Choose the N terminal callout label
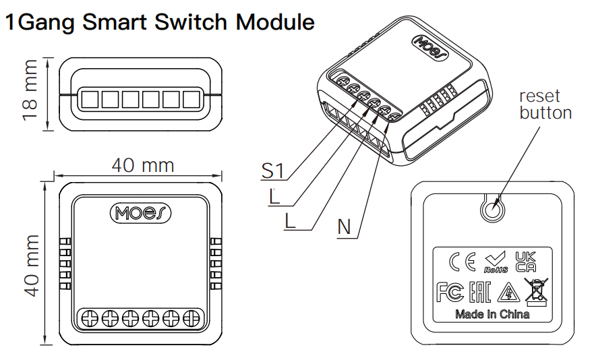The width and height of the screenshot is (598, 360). pyautogui.click(x=345, y=227)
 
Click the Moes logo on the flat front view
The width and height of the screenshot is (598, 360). pyautogui.click(x=140, y=213)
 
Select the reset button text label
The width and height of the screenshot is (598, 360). pyautogui.click(x=545, y=104)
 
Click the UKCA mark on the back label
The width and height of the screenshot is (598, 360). pyautogui.click(x=526, y=261)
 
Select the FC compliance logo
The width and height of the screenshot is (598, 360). pyautogui.click(x=449, y=293)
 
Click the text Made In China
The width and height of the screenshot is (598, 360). pyautogui.click(x=492, y=314)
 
